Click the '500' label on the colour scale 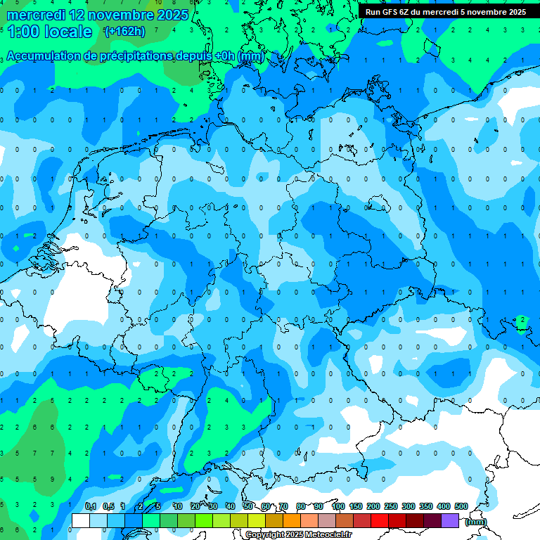(x=461, y=506)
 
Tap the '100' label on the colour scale (x=338, y=506)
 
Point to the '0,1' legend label (x=90, y=506)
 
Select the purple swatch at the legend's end (x=450, y=520)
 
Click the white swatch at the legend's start (x=80, y=520)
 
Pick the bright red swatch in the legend (x=380, y=520)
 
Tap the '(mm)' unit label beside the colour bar (x=475, y=522)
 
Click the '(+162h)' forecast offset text (x=124, y=32)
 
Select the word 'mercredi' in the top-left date (x=35, y=14)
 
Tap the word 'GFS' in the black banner (x=389, y=12)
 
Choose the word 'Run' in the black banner (x=373, y=12)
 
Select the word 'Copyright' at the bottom (x=264, y=535)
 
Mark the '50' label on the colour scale (x=248, y=506)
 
